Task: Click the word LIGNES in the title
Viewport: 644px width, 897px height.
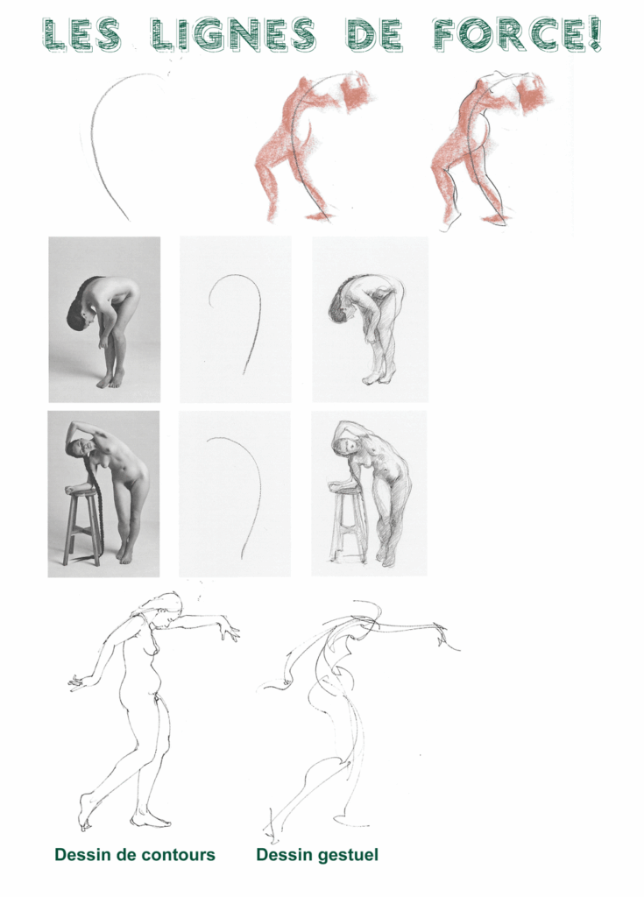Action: [x=234, y=34]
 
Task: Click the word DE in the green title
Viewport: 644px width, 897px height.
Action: [x=374, y=34]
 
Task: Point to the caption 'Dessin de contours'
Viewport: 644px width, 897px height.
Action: [x=135, y=855]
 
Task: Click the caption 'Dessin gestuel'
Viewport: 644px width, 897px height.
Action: [x=317, y=855]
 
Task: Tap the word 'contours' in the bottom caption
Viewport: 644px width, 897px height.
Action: [x=179, y=855]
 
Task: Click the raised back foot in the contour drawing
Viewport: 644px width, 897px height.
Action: [x=85, y=812]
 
